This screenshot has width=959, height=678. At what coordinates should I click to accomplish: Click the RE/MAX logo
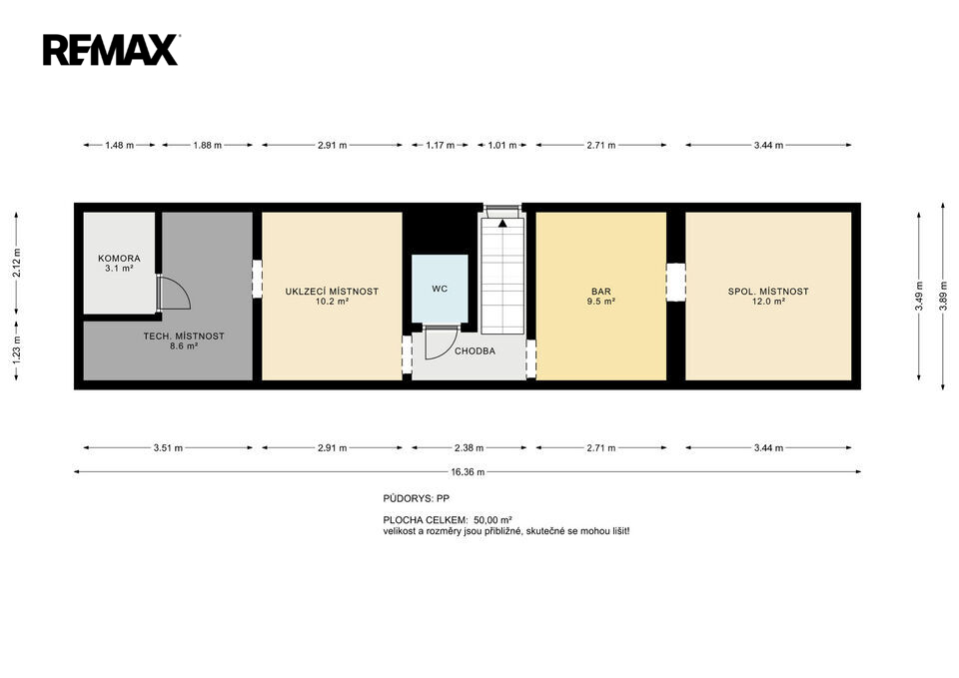(x=111, y=50)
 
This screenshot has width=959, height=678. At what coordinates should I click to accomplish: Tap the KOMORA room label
(x=119, y=259)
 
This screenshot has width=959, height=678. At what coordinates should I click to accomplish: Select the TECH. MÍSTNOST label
(x=184, y=337)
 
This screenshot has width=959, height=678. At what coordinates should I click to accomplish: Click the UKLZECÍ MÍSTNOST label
(x=332, y=292)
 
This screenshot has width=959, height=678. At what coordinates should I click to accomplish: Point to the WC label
(x=440, y=289)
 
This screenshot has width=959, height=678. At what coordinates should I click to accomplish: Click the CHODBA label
(x=476, y=351)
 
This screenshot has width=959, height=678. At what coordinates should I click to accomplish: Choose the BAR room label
(x=601, y=292)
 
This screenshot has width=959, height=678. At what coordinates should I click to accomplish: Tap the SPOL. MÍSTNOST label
(x=768, y=292)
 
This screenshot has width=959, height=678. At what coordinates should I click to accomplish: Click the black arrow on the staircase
(x=502, y=223)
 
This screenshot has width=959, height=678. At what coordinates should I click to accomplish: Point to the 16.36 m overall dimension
(x=468, y=472)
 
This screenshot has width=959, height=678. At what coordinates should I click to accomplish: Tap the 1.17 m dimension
(x=441, y=146)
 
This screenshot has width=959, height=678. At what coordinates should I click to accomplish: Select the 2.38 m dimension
(x=470, y=448)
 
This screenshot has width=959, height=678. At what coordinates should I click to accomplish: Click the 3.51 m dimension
(x=168, y=448)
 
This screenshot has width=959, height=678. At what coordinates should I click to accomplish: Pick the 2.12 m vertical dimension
(x=17, y=264)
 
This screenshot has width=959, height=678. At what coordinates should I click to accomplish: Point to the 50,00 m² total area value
(x=492, y=520)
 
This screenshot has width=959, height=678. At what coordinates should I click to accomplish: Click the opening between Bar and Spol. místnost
(x=676, y=283)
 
